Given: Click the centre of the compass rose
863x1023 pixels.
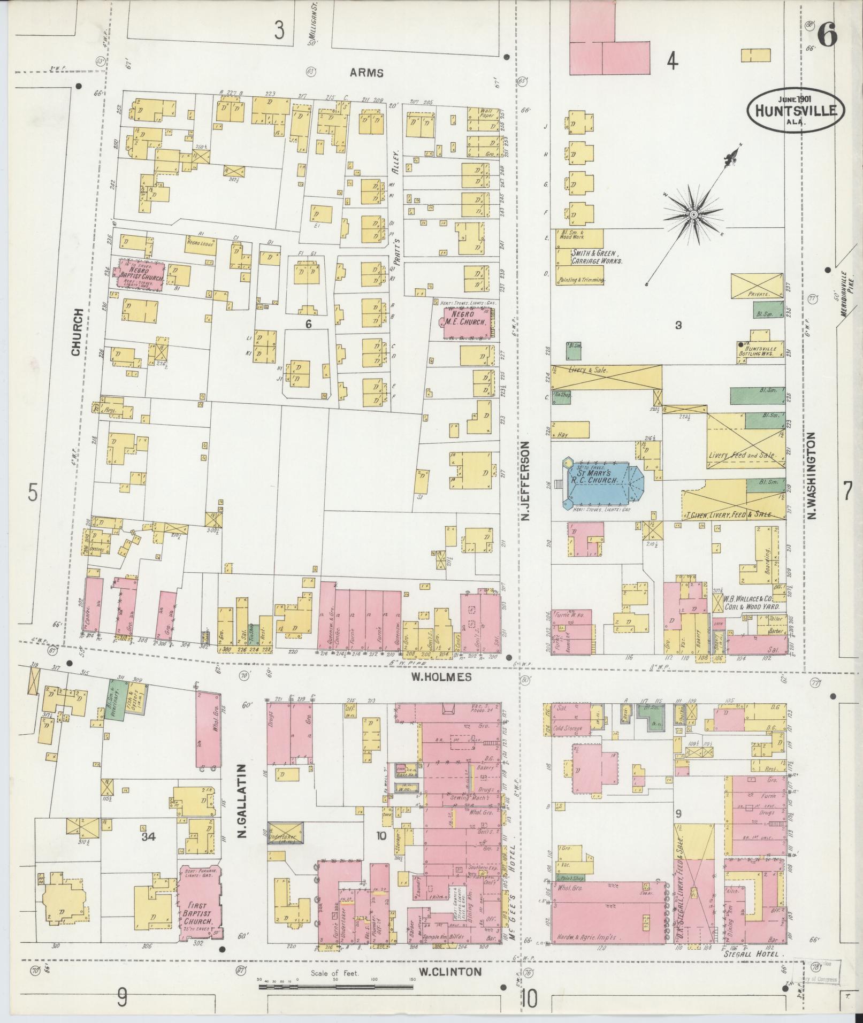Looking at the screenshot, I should click(693, 214).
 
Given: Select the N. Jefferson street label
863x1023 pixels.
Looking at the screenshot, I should click(527, 481).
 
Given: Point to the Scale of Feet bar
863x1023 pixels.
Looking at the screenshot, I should click(337, 985).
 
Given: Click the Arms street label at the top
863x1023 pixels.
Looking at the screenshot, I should click(368, 73).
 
